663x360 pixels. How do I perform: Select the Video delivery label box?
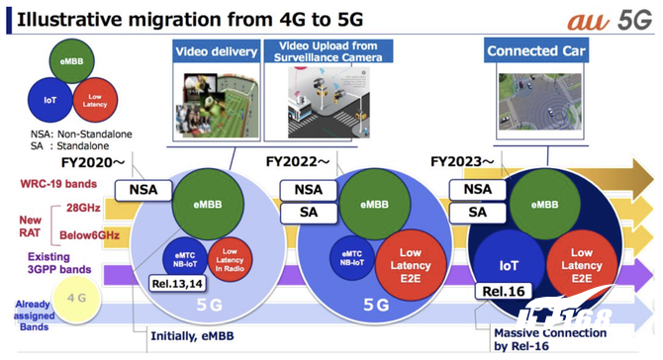217,49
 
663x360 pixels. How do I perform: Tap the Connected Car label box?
533,49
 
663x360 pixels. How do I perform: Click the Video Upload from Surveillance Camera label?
326,49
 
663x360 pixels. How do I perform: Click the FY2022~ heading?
296,161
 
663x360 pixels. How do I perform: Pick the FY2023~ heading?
460,161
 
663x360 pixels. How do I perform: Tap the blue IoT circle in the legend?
50,99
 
